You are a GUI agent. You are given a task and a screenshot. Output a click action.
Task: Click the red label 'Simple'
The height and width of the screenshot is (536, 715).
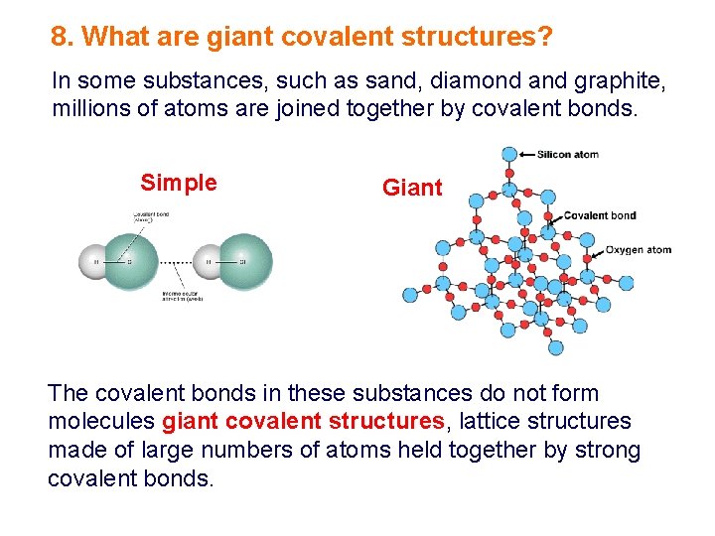179,183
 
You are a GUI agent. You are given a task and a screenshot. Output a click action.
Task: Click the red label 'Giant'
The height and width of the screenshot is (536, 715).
412,188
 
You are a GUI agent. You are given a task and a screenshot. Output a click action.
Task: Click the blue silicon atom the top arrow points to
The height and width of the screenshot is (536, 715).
509,154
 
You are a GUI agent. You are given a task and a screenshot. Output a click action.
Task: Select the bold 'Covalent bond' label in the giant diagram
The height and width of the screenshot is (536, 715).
600,215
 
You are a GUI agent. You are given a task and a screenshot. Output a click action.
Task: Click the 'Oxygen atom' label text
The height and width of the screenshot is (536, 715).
639,250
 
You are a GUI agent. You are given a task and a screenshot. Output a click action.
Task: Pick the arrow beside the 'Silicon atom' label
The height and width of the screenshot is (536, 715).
527,154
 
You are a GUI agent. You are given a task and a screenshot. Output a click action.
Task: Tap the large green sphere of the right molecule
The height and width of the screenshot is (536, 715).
244,261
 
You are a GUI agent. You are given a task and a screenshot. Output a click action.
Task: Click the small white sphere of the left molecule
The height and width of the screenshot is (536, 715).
95,262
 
